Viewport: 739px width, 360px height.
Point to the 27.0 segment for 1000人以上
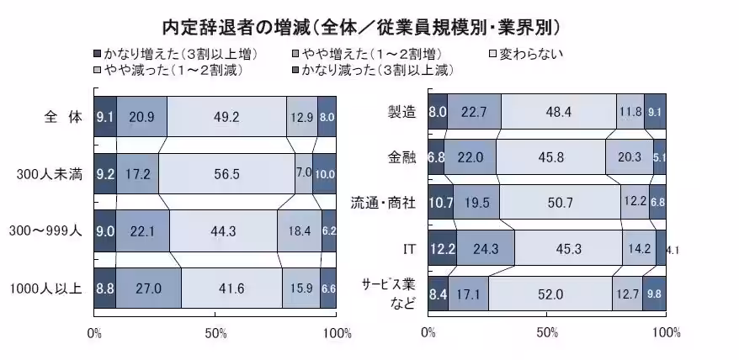[148, 289]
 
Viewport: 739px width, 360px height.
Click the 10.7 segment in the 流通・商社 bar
[440, 202]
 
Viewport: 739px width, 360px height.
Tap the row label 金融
[403, 157]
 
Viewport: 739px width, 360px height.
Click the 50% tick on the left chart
[215, 333]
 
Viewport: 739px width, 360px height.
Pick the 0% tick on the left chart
[94, 333]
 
